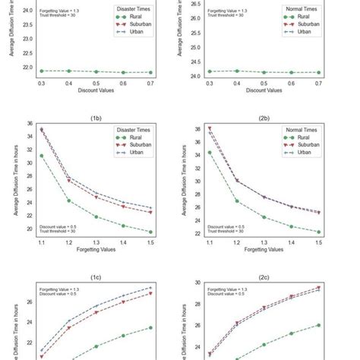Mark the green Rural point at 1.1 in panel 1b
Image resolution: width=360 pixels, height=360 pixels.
[41, 156]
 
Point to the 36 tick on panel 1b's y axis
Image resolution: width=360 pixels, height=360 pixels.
[28, 124]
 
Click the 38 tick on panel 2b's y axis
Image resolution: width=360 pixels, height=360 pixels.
[195, 129]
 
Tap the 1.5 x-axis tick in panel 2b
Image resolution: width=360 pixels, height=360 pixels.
[318, 241]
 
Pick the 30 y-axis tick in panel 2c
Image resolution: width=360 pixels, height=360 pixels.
[195, 283]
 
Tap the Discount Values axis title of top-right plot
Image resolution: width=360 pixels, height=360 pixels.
[263, 90]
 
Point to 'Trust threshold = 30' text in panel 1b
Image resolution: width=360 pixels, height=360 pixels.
[57, 231]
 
